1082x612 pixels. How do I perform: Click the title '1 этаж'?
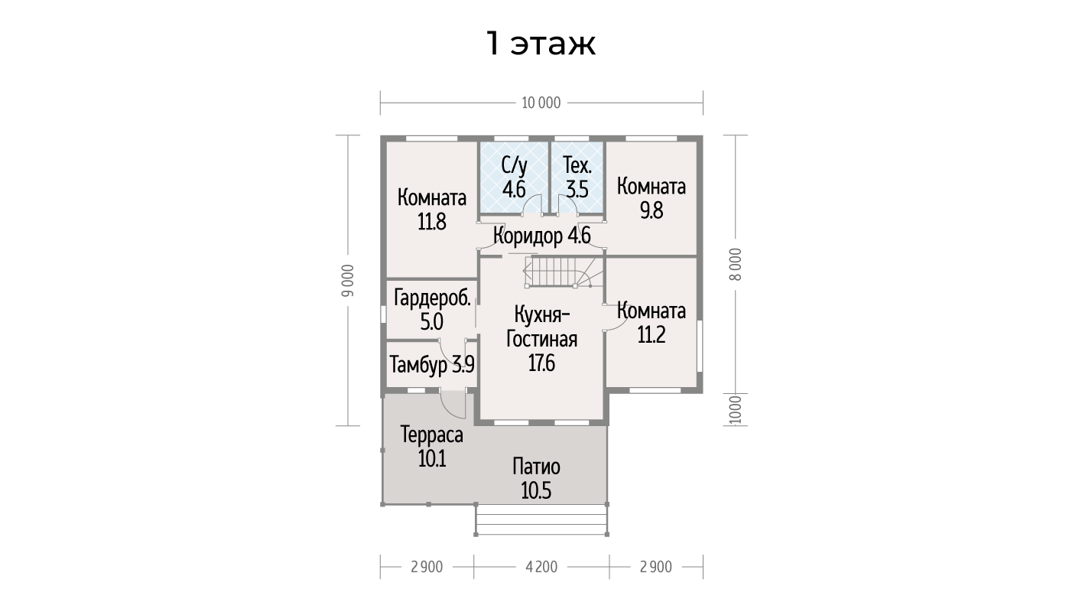[541, 44]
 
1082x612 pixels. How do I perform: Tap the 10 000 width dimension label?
[541, 103]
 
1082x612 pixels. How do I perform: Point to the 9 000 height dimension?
[348, 281]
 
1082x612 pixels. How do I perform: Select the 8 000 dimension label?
[735, 265]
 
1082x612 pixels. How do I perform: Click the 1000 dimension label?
[735, 410]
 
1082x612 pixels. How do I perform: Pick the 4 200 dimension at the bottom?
[541, 567]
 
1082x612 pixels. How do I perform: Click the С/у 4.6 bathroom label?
[514, 177]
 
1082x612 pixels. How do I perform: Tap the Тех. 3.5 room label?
[577, 177]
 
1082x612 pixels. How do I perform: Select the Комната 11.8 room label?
[432, 210]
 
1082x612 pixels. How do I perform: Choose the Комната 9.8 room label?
[651, 198]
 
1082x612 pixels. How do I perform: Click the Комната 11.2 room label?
[651, 322]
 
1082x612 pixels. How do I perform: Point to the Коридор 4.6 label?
[542, 236]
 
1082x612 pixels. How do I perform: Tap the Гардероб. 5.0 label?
[432, 309]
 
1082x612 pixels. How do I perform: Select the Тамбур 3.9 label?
[432, 364]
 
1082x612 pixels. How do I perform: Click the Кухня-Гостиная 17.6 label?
[541, 338]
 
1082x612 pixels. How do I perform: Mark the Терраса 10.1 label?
[432, 446]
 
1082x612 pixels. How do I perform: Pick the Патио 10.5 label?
[536, 479]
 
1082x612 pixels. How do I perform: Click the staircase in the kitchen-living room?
[564, 272]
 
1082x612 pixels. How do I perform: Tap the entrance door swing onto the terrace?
[453, 404]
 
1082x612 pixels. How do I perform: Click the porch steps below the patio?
[542, 519]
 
